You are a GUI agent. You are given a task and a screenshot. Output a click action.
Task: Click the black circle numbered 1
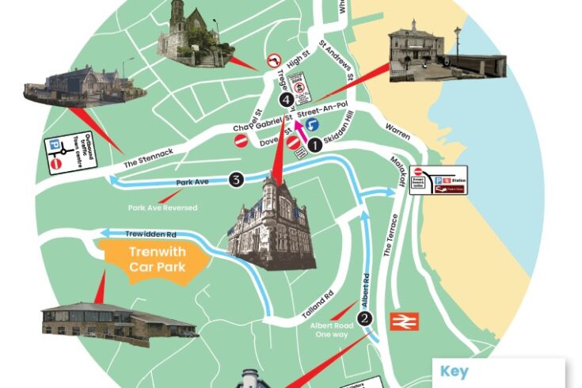pos(315,145)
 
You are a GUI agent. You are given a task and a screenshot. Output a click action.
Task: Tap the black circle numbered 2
pos(364,318)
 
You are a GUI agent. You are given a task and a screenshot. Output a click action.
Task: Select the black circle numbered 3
pos(236,180)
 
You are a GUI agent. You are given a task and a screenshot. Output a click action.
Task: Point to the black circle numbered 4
pos(286,99)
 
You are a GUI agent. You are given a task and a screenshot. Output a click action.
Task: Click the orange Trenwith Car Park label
pos(157,261)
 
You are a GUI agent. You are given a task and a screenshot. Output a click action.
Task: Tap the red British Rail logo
pos(405,321)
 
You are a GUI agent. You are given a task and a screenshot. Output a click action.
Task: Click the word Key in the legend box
pos(455,371)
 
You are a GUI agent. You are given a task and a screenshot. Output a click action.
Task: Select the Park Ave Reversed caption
pos(163,208)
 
